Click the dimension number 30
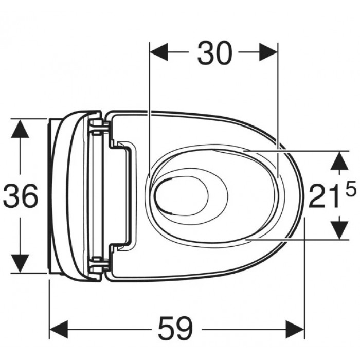(214, 53)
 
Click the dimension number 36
(21, 195)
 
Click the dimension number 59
(176, 329)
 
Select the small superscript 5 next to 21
(351, 188)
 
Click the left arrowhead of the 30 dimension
(158, 52)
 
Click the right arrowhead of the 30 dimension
(268, 52)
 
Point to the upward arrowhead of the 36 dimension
(20, 129)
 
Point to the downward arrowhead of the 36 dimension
(20, 263)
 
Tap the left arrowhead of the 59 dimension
(59, 330)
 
